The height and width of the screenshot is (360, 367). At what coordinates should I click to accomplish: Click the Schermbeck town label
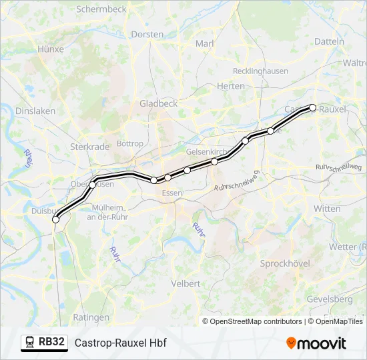[101, 9]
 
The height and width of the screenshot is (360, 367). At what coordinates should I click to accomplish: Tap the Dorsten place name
[147, 34]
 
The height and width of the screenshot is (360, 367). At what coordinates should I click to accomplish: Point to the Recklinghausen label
[260, 71]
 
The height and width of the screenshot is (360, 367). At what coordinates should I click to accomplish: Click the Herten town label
[231, 86]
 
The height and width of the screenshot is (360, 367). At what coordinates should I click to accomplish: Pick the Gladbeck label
[158, 103]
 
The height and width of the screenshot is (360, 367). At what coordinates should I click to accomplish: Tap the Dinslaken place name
[31, 111]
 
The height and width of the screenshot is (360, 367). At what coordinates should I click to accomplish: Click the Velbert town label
[186, 283]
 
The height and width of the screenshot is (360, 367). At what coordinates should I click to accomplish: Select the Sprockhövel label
[285, 263]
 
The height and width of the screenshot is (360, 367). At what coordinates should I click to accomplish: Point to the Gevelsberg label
[330, 299]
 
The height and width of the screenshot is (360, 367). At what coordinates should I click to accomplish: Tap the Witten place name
[327, 209]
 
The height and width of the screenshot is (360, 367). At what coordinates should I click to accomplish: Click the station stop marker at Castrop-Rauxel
[312, 107]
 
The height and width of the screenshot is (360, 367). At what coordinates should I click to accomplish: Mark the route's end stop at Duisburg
[55, 219]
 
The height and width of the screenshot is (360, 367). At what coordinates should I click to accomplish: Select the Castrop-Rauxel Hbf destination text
[120, 343]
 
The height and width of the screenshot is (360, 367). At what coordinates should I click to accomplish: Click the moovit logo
[316, 343]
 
